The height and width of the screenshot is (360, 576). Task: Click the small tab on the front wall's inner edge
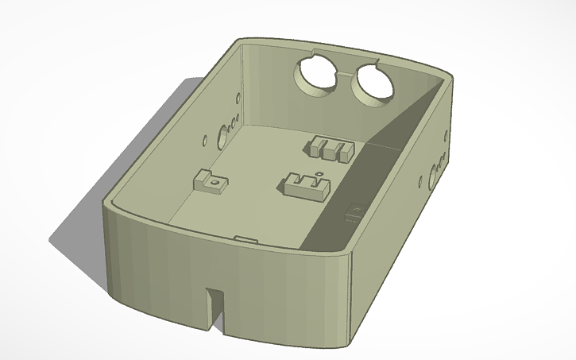pyautogui.click(x=245, y=237)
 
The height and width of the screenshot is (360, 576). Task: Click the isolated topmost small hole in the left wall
pyautogui.click(x=240, y=96)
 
